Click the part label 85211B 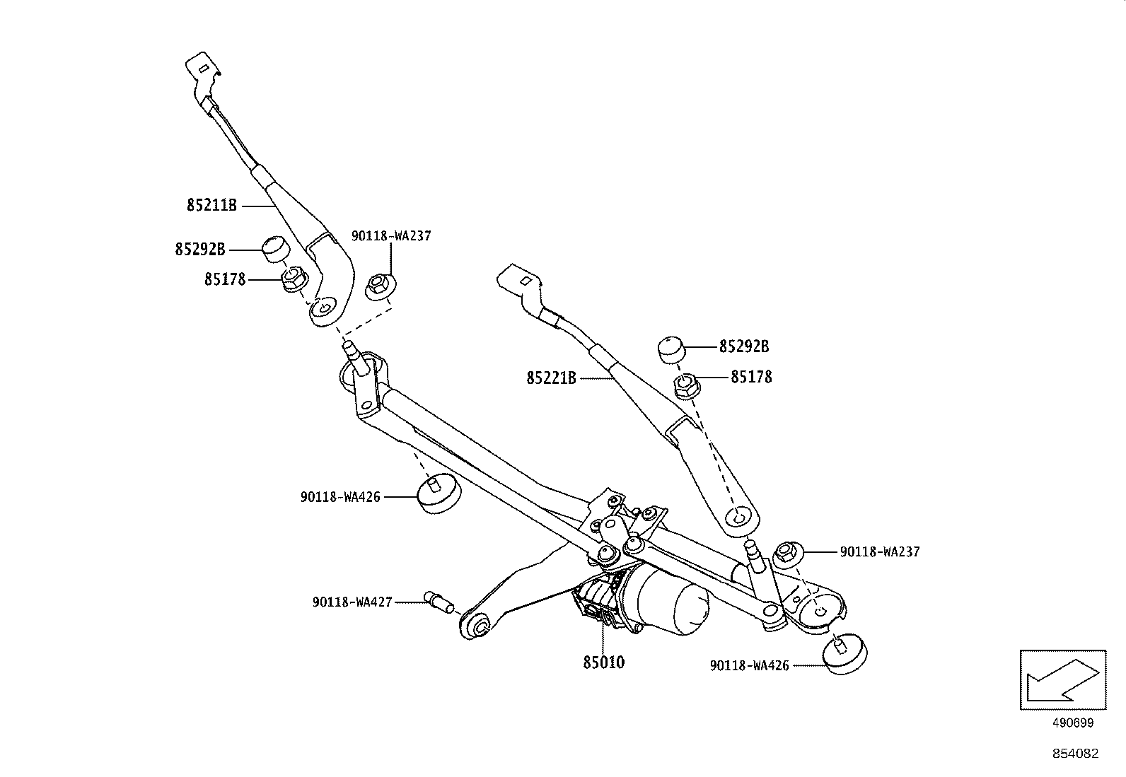(x=211, y=206)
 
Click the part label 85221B (x=551, y=378)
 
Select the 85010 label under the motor (x=603, y=662)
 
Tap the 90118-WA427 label (x=352, y=602)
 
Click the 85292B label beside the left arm (x=200, y=249)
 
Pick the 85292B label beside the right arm (x=744, y=346)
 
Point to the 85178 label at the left (x=225, y=279)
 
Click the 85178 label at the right (x=751, y=377)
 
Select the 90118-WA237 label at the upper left (x=391, y=236)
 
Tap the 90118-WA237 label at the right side (x=880, y=551)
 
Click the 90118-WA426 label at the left (x=340, y=497)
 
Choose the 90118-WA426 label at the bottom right (x=749, y=665)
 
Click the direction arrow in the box (x=1062, y=679)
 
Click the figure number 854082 (x=1075, y=754)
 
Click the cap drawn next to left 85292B (x=277, y=250)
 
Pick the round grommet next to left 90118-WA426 (x=437, y=493)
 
